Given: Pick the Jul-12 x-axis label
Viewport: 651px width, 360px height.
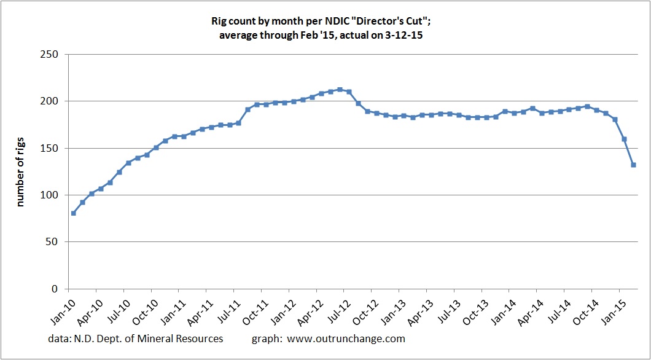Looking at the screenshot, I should pos(330,308).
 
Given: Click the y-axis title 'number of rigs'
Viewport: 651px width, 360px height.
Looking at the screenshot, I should pos(21,171).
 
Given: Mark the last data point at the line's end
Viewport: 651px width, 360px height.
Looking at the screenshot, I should pos(633,165).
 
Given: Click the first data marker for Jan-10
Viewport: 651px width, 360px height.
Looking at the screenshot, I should pos(74,213).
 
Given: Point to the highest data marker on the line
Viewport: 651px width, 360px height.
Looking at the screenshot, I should pos(340,90).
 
